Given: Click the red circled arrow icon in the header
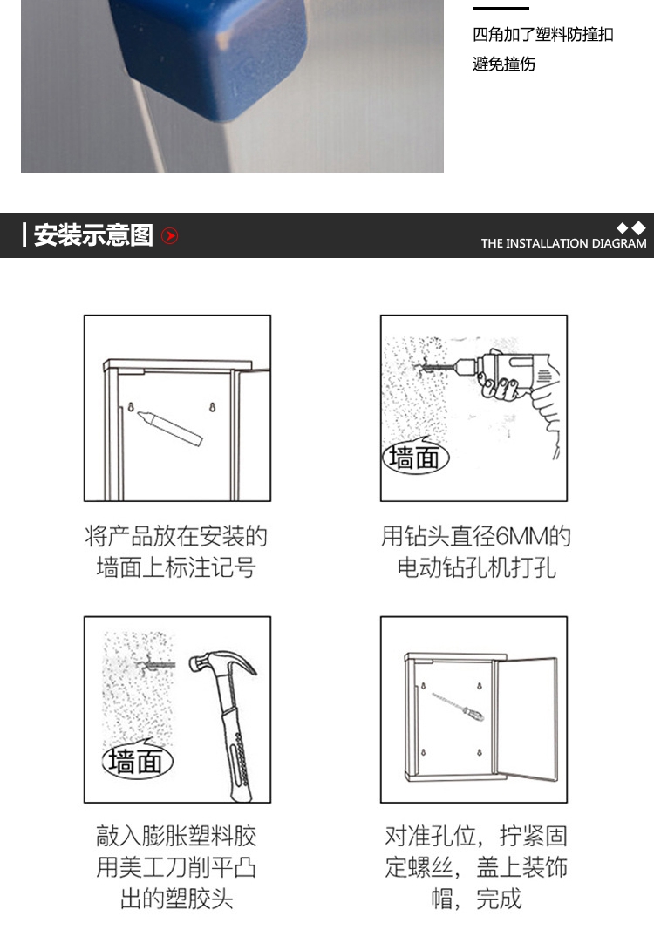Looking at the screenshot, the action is pyautogui.click(x=170, y=235).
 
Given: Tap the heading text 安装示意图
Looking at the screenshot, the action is pyautogui.click(x=93, y=235).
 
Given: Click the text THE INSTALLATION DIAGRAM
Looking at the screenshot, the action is pyautogui.click(x=563, y=243).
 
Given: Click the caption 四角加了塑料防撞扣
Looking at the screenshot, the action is pyautogui.click(x=543, y=35).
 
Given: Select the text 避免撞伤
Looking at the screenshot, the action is pyautogui.click(x=504, y=64).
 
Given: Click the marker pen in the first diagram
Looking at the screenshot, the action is pyautogui.click(x=170, y=428).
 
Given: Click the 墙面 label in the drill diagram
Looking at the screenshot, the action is pyautogui.click(x=415, y=457).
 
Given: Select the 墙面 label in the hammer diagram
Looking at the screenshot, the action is pyautogui.click(x=137, y=760).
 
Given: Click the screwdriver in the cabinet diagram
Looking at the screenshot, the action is pyautogui.click(x=458, y=706).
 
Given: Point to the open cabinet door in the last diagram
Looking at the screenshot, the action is pyautogui.click(x=526, y=719).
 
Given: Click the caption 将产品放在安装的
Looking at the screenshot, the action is pyautogui.click(x=176, y=536).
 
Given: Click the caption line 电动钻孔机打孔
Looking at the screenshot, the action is pyautogui.click(x=476, y=567).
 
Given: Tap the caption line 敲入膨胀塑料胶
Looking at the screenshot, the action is pyautogui.click(x=176, y=836).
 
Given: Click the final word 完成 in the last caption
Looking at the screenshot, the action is pyautogui.click(x=498, y=899).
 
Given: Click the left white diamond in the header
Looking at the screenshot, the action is pyautogui.click(x=623, y=227).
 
